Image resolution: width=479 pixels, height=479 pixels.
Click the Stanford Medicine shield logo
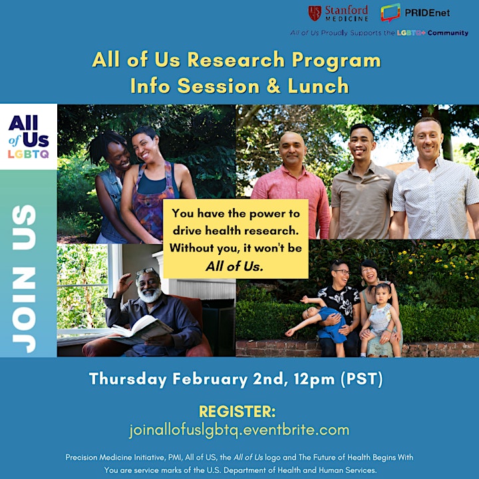tap(314, 13)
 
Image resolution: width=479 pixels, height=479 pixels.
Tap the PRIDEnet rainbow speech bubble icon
tap(390, 13)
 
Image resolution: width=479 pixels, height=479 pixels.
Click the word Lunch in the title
tap(318, 86)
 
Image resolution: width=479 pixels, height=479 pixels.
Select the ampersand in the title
tap(273, 86)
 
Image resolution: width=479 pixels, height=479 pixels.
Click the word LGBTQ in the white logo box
tap(28, 154)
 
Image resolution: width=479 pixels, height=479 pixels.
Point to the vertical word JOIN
tap(24, 310)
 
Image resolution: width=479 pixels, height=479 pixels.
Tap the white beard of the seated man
tap(150, 295)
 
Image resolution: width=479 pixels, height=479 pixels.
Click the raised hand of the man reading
tap(124, 284)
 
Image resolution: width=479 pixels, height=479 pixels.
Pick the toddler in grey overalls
tap(380, 318)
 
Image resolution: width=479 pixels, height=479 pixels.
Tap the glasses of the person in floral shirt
tap(343, 271)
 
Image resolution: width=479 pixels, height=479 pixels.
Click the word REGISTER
tap(237, 412)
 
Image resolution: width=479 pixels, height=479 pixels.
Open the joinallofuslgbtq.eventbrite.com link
tap(239, 430)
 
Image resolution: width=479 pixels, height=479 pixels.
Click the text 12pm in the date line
tap(314, 379)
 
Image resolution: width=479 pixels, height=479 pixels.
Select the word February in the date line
tap(210, 379)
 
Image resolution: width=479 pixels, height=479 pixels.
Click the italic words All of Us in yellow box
tap(234, 266)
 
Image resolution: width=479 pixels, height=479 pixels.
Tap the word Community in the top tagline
tap(448, 33)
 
